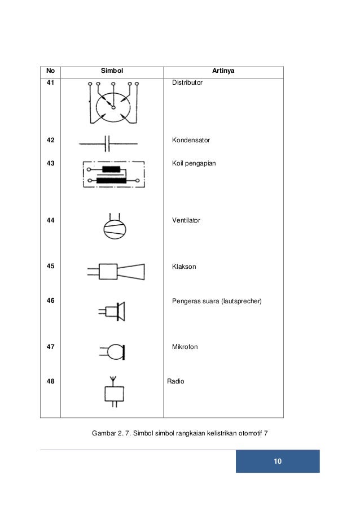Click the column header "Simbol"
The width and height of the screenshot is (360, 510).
(112, 71)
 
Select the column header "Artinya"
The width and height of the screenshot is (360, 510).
(224, 71)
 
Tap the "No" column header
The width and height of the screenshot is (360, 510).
(50, 71)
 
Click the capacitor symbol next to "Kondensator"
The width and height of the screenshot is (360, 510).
(107, 143)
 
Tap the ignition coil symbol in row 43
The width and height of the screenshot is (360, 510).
(113, 174)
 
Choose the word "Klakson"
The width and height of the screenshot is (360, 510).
(184, 266)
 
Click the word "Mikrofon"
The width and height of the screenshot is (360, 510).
(185, 346)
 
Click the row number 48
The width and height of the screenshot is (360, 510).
(51, 381)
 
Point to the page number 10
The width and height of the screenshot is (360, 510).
(277, 461)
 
